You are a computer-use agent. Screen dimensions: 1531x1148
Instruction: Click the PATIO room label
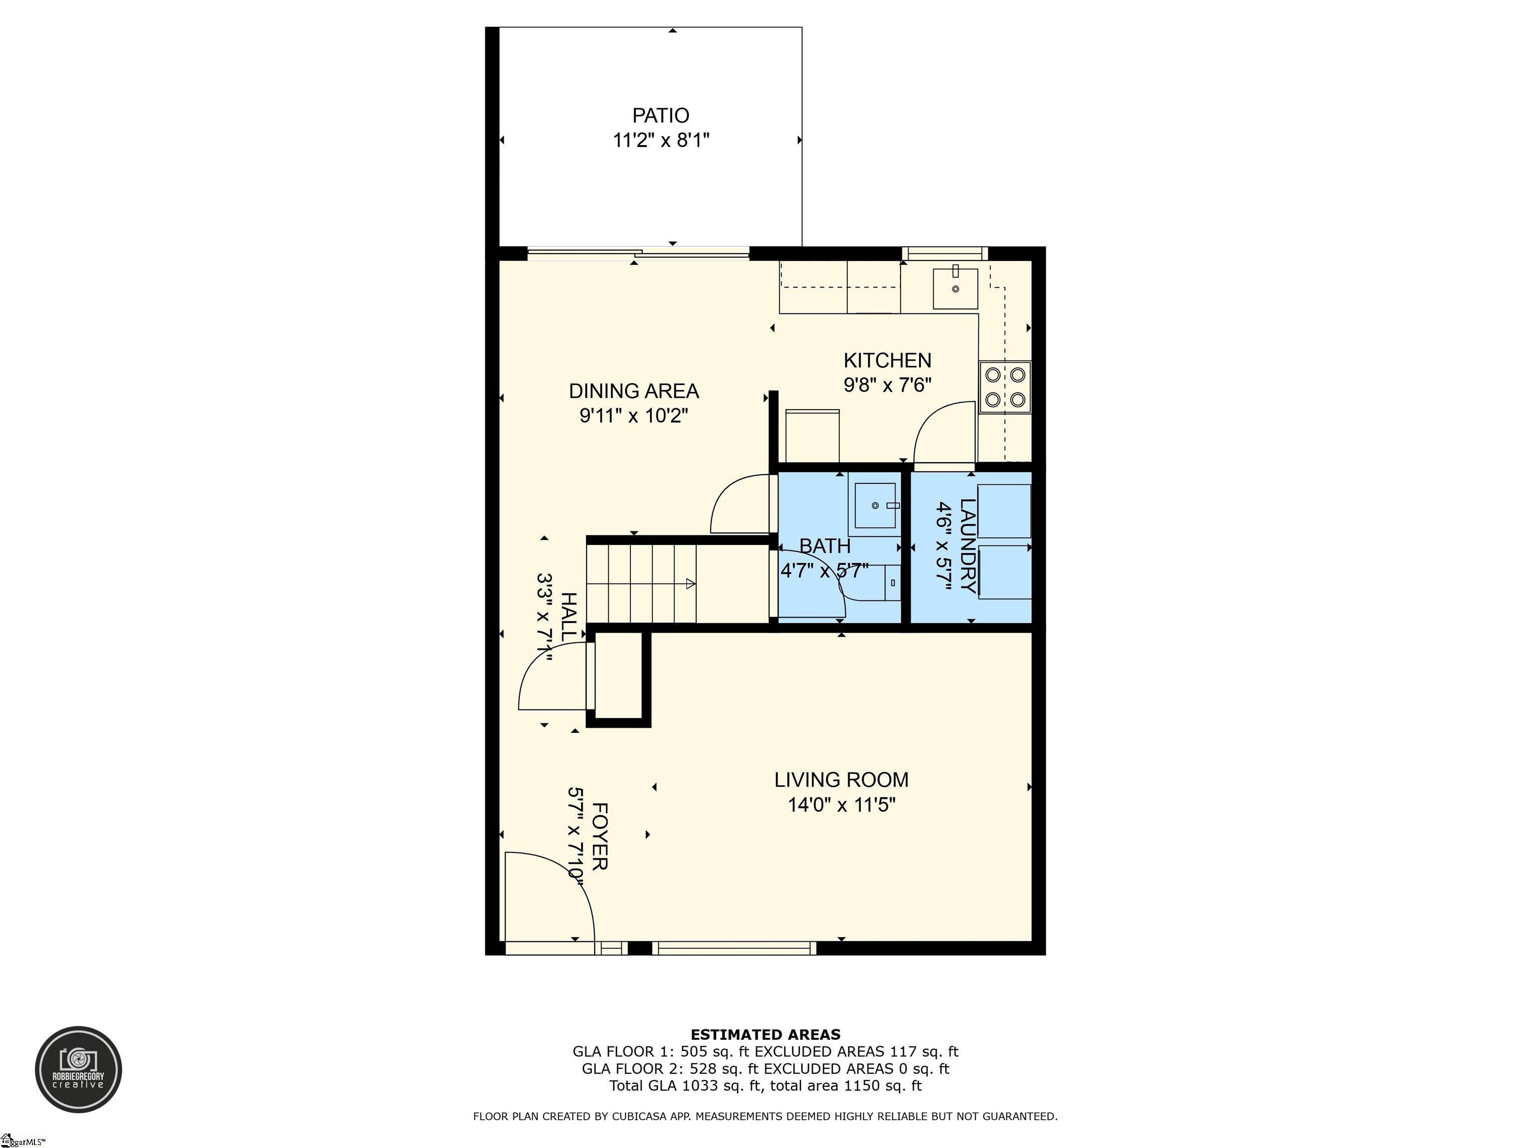[660, 116]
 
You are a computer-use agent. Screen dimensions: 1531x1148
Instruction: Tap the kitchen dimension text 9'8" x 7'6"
[887, 385]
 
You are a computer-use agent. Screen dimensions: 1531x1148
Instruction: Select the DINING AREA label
[633, 391]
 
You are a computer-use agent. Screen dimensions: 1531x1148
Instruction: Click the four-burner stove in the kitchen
[1005, 387]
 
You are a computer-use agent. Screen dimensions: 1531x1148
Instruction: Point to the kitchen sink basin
[955, 288]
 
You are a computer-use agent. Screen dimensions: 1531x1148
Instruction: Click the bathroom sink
[875, 506]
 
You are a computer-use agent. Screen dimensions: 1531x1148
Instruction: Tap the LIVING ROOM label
[841, 780]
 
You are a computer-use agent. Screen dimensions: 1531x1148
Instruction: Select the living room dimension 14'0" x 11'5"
[842, 805]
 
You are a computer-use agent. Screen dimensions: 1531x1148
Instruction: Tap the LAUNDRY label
[968, 546]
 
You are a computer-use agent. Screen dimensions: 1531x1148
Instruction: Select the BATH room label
[824, 546]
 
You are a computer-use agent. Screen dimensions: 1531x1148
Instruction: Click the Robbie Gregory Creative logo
[78, 1069]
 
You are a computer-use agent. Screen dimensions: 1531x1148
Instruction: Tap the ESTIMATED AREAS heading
[765, 1034]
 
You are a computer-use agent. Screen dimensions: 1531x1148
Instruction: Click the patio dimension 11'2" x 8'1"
[661, 141]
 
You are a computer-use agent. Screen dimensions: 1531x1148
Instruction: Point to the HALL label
[568, 616]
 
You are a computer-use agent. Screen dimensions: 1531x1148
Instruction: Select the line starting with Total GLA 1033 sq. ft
[765, 1086]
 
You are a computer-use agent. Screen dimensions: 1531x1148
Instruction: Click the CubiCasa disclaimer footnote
[765, 1116]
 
